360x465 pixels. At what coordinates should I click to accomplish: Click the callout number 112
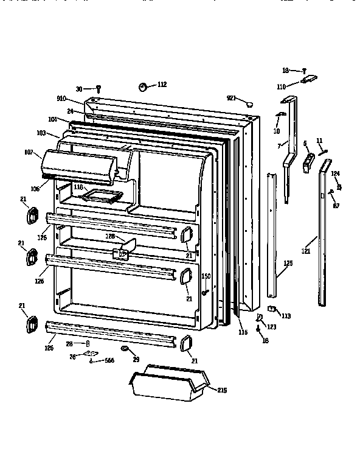[161, 85]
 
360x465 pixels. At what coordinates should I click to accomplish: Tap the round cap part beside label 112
[144, 86]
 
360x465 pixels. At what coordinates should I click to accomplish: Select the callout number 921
[231, 98]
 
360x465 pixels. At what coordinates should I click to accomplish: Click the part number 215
[221, 390]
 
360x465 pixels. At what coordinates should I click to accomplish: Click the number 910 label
[61, 99]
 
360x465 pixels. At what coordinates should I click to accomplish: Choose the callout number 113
[286, 315]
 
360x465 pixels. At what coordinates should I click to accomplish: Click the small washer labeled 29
[125, 349]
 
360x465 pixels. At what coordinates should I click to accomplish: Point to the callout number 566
[109, 360]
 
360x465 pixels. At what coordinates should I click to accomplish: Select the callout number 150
[206, 276]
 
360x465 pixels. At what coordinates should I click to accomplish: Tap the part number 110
[281, 86]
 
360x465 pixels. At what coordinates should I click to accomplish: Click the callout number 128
[111, 236]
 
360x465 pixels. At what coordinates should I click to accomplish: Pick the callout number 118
[78, 187]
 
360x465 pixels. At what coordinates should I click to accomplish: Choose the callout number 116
[243, 332]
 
